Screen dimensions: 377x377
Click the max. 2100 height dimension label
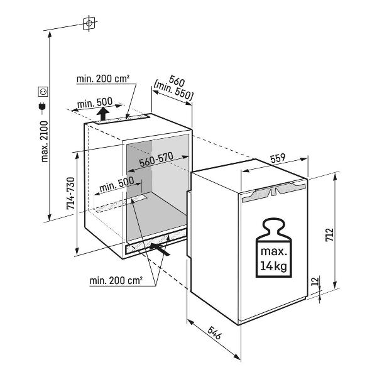tap(45, 141)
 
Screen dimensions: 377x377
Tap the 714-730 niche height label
tap(70, 194)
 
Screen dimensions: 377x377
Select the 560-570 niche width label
tap(156, 159)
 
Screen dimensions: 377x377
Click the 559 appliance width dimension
tap(278, 158)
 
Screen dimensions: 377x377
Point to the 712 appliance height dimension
tap(329, 234)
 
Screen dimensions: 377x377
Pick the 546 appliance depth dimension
tap(214, 333)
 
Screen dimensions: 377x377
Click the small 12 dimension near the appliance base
tap(315, 281)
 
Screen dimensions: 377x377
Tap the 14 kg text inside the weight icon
tap(273, 266)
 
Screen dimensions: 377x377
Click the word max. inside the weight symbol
tap(273, 252)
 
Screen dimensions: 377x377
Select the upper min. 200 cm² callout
tap(103, 79)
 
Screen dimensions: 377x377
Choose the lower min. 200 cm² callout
tap(116, 280)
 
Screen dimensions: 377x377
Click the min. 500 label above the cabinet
tap(95, 103)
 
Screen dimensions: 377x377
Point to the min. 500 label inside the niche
tap(117, 184)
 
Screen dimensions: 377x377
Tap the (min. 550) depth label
tap(173, 92)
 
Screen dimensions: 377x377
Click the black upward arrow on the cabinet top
tap(103, 114)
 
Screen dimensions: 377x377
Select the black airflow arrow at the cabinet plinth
tap(160, 249)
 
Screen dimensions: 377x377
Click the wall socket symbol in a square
tap(43, 91)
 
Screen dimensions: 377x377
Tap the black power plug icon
tap(43, 107)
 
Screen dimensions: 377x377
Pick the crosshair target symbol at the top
tap(89, 23)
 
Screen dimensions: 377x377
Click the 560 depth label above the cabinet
tap(177, 81)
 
